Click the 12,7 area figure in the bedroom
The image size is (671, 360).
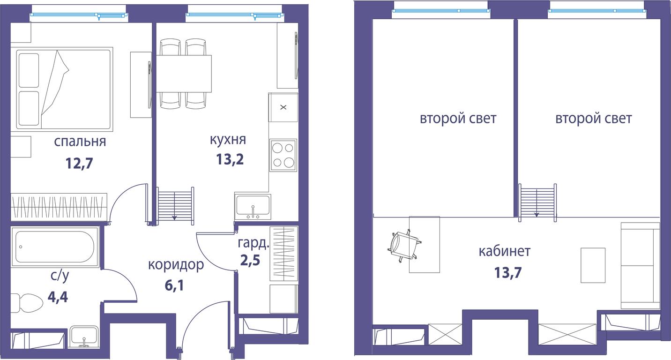point(79,164)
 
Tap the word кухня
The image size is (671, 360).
point(228,139)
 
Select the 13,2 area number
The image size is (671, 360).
point(230,159)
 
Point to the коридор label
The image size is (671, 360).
point(176,265)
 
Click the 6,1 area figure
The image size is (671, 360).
point(174,285)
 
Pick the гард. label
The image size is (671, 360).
point(253,243)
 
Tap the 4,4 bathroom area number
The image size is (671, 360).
point(58,297)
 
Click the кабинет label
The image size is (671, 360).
point(505,251)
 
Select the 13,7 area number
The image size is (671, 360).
point(508,273)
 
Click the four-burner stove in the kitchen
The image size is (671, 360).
point(283,155)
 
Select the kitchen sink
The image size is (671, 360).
point(253,207)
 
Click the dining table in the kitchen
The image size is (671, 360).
point(184,74)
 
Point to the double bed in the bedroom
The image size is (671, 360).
point(62,89)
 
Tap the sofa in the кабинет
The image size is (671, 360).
point(640,266)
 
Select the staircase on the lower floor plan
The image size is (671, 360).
point(176,205)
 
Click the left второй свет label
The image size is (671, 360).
point(458,119)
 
